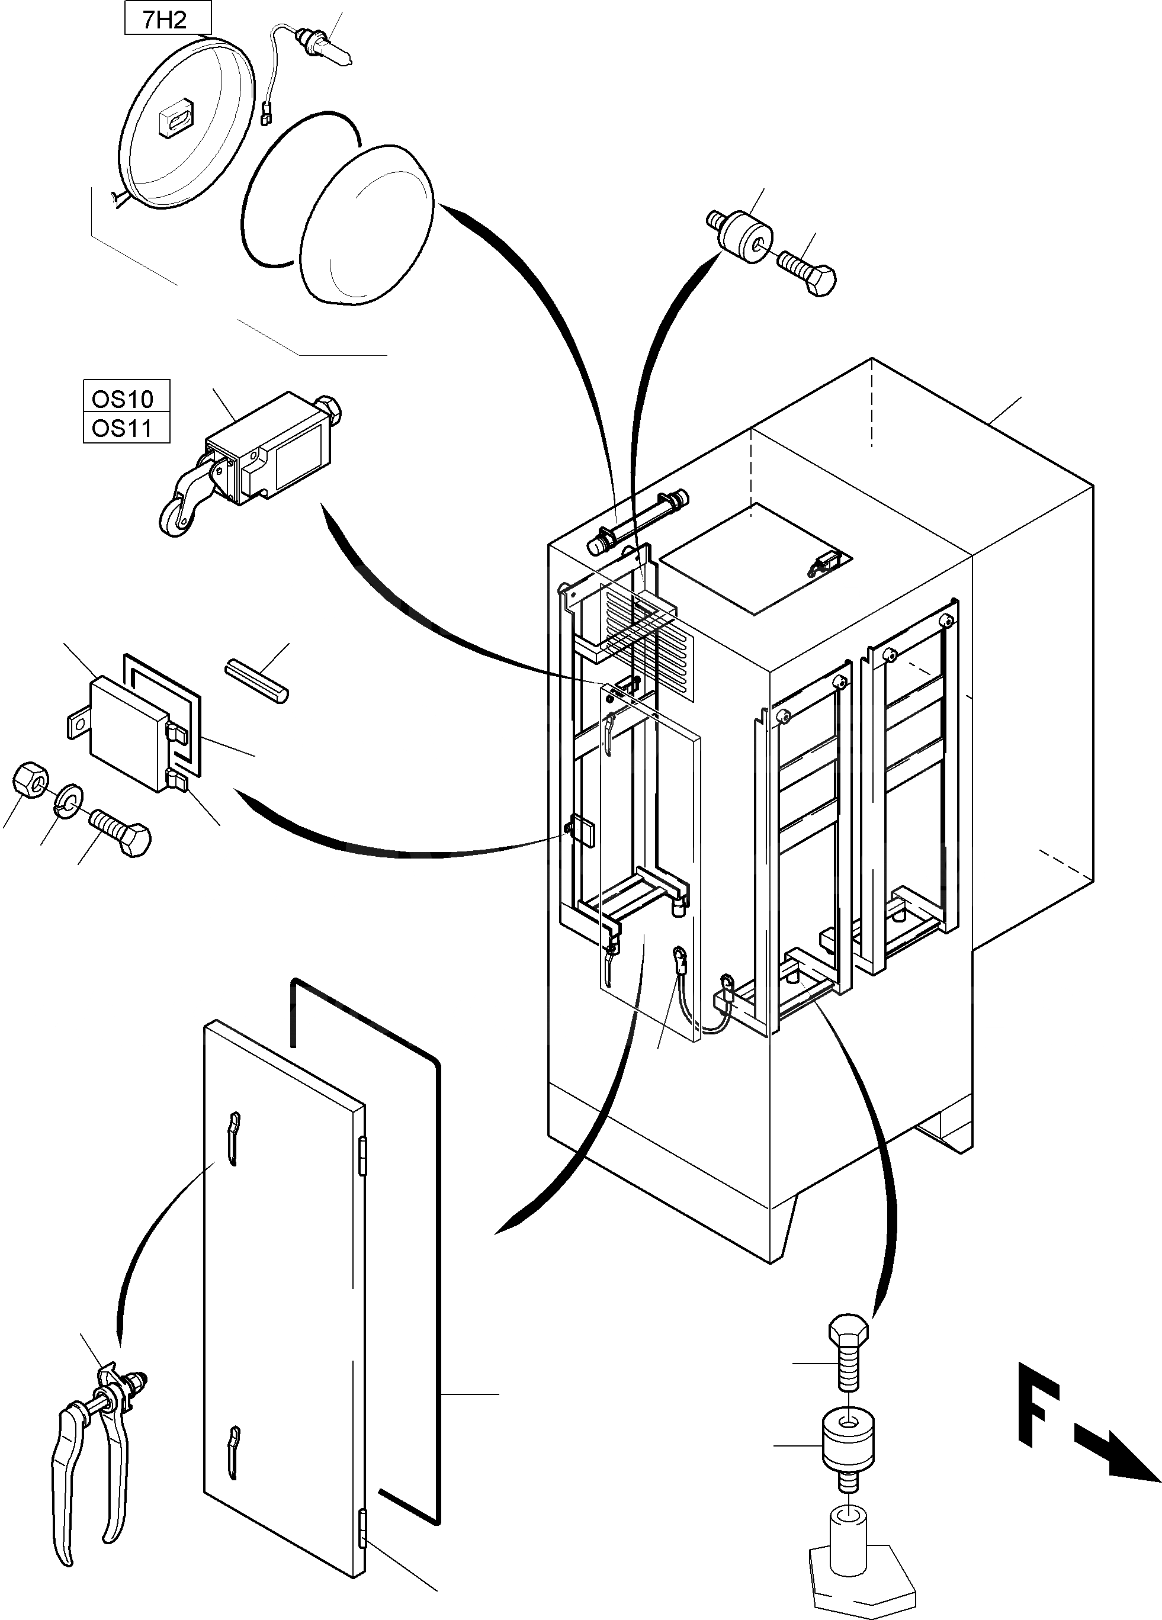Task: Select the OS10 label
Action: tap(126, 397)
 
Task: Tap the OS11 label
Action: tap(126, 428)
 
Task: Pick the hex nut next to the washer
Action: tap(30, 779)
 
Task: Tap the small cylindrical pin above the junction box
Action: tap(256, 682)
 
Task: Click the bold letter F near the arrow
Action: tap(1036, 1399)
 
